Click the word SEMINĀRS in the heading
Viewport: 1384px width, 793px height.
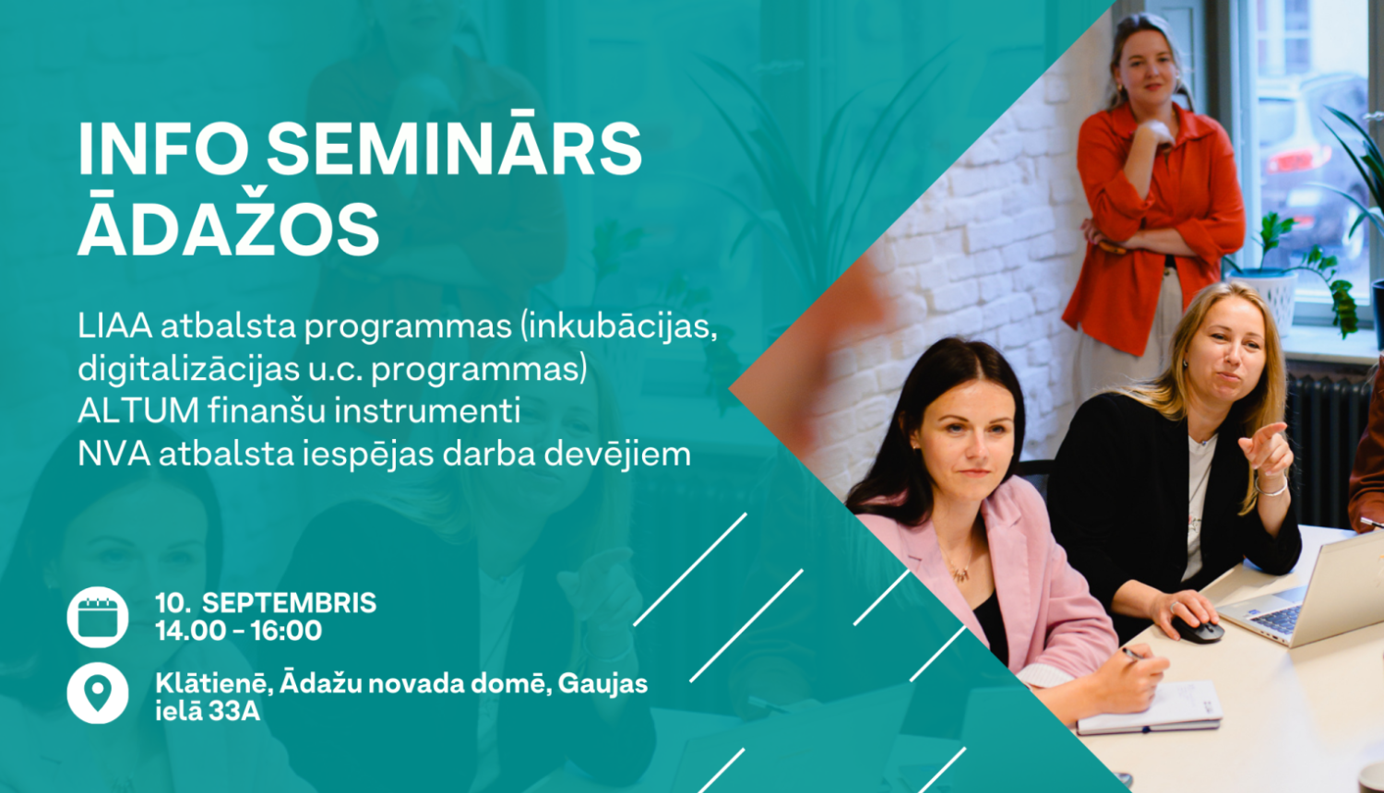(454, 149)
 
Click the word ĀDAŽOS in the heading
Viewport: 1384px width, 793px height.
(229, 228)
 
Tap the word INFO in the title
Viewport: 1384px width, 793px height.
(163, 149)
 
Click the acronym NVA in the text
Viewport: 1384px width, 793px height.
(113, 454)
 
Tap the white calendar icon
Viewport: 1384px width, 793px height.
(98, 617)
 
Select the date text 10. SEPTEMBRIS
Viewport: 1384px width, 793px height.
(266, 603)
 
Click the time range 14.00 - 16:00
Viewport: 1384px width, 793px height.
(238, 632)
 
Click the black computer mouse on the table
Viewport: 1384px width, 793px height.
(1199, 631)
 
